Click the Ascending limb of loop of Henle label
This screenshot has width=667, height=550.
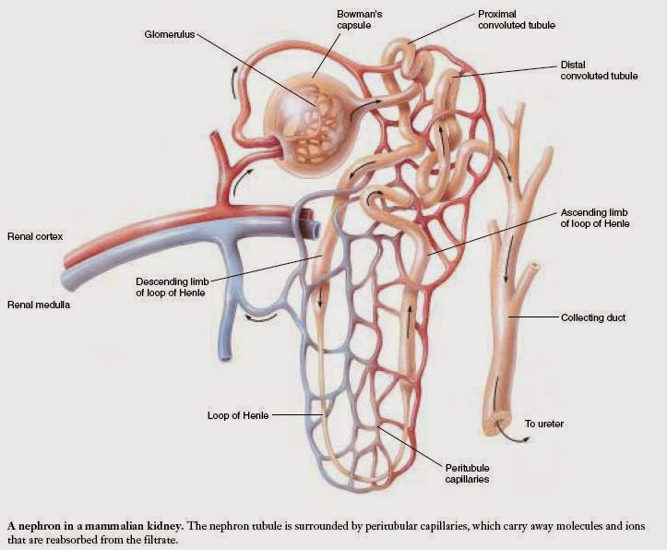(x=594, y=218)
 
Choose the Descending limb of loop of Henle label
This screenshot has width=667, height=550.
(x=173, y=287)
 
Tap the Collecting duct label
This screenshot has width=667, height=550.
(x=593, y=317)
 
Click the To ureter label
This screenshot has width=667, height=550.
(x=544, y=424)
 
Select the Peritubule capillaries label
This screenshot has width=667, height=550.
(x=467, y=473)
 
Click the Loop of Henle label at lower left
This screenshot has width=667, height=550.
(x=238, y=415)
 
